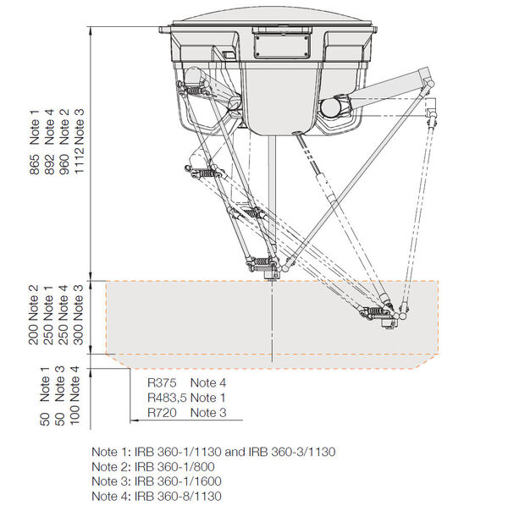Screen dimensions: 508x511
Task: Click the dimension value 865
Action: (34, 165)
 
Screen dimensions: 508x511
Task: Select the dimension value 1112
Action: (80, 159)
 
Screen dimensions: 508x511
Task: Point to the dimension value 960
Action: (64, 165)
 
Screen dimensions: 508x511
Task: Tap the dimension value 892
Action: (49, 165)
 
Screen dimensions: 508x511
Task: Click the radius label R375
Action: (162, 382)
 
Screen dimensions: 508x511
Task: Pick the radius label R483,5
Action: (167, 398)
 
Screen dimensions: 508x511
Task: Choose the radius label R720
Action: (162, 413)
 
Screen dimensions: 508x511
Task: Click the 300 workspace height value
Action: (78, 334)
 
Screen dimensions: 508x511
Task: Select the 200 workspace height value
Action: (33, 334)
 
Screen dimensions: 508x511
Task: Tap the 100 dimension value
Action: (75, 415)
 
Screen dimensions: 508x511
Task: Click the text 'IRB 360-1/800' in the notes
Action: (174, 467)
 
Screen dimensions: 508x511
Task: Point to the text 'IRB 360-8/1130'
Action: (178, 496)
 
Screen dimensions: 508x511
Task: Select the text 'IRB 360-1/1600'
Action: (178, 481)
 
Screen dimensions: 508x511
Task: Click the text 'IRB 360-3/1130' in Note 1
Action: (292, 452)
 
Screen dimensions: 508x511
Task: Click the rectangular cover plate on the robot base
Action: (282, 47)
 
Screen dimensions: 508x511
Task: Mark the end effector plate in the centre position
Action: (271, 274)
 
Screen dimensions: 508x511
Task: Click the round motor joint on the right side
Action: (335, 107)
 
